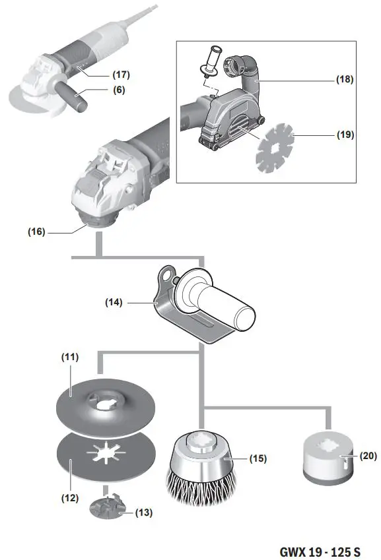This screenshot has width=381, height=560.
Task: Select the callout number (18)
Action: point(344,80)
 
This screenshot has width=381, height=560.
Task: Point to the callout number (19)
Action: point(344,135)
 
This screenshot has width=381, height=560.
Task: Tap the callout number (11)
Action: point(70,357)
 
